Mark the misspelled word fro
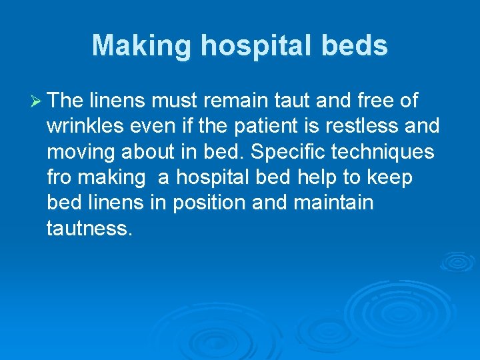[x=61, y=177]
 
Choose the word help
[x=315, y=177]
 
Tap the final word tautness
[x=89, y=229]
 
